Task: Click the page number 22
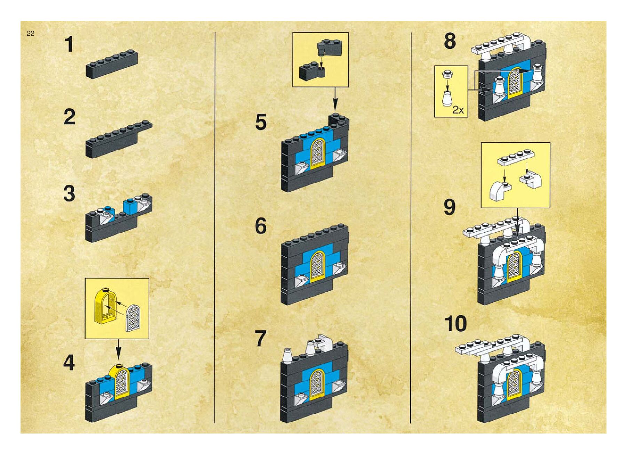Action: click(x=30, y=34)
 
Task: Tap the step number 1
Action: click(x=69, y=45)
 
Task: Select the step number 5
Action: click(x=261, y=122)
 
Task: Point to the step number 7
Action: click(x=261, y=339)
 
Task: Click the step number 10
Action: click(x=455, y=324)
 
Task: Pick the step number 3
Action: click(x=69, y=194)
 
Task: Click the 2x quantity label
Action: click(x=458, y=110)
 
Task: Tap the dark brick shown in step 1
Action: click(x=111, y=64)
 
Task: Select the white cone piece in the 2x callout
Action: click(x=447, y=97)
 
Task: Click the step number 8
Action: click(x=450, y=41)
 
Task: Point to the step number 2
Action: click(x=69, y=117)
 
